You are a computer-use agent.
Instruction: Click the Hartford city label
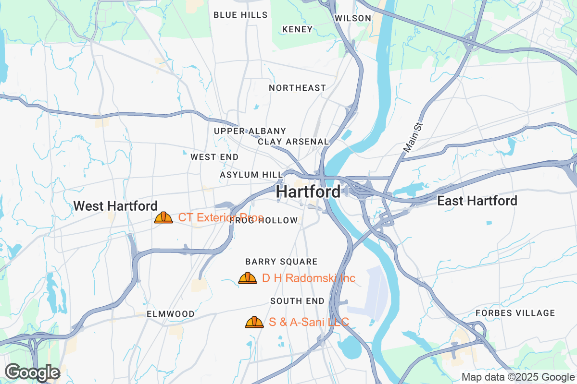click(309, 192)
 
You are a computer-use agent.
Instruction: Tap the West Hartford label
click(115, 206)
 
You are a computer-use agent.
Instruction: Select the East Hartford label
click(477, 201)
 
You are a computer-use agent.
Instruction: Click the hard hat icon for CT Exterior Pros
click(163, 218)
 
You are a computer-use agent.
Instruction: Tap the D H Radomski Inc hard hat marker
click(248, 278)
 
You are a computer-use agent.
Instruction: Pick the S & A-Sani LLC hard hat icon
click(254, 322)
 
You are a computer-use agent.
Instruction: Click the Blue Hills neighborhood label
click(240, 15)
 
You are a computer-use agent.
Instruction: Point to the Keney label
click(298, 29)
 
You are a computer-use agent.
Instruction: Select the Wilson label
click(353, 18)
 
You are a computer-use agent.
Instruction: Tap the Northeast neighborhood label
click(297, 88)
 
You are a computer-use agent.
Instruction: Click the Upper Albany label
click(250, 131)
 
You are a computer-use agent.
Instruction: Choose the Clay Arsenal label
click(293, 142)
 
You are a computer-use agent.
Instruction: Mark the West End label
click(214, 157)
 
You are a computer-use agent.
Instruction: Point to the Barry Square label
click(281, 262)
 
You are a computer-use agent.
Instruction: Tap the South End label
click(297, 301)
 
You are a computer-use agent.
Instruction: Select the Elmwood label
click(171, 314)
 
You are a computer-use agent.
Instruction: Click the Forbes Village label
click(515, 313)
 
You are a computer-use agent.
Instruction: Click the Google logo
click(32, 372)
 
